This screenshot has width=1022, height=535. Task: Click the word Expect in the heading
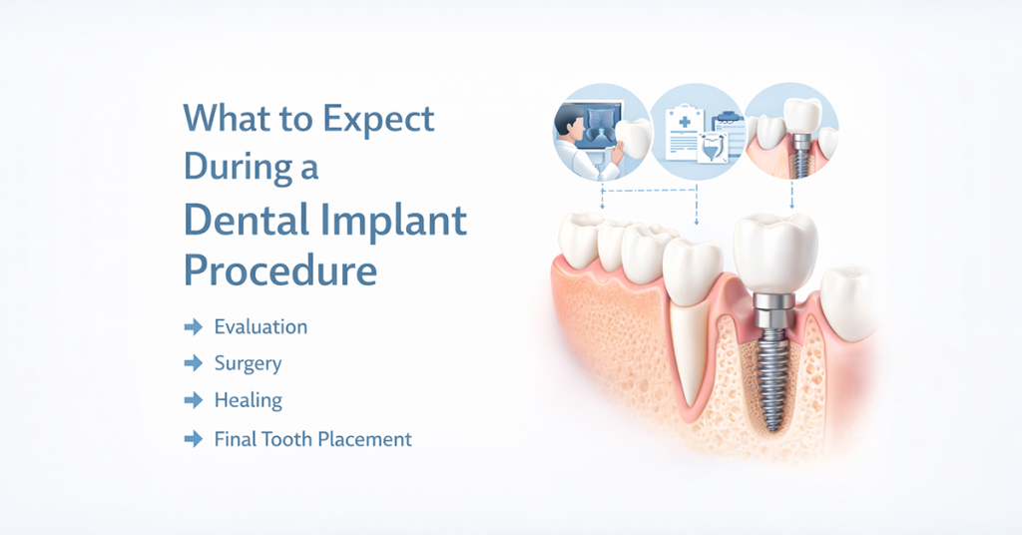(378, 120)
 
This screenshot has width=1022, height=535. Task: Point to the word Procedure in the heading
(280, 269)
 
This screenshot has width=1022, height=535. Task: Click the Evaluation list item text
(260, 326)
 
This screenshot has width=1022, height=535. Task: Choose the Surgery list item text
(248, 364)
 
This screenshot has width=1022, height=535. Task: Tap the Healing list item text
(248, 401)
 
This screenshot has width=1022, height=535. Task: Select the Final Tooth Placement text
(312, 439)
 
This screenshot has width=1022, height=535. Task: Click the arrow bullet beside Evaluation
(194, 326)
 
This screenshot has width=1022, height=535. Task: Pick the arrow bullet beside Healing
(194, 400)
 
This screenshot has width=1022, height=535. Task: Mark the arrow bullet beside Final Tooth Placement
(194, 439)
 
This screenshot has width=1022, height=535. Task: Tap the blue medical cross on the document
(685, 122)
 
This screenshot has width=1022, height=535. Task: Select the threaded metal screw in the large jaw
(773, 378)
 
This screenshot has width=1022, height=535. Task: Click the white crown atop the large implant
(774, 254)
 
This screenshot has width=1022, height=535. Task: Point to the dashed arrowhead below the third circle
(791, 206)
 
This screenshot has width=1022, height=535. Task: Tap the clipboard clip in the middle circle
(728, 118)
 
